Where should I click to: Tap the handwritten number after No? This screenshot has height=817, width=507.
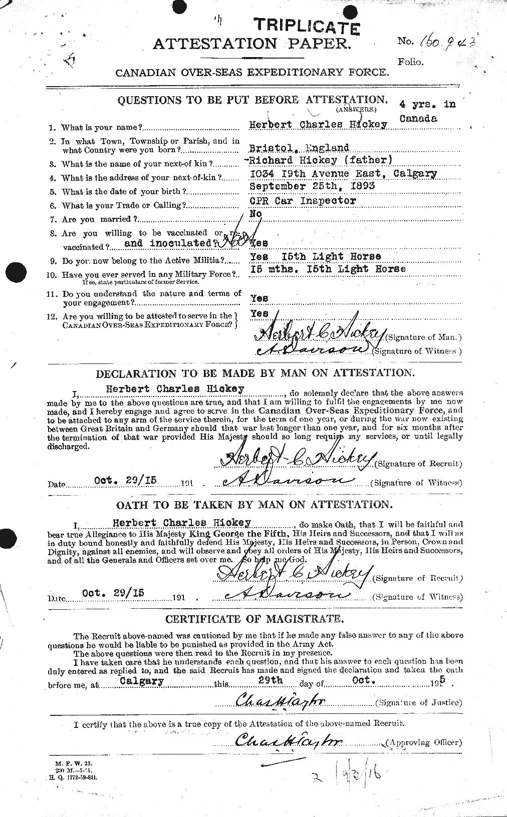click(x=443, y=43)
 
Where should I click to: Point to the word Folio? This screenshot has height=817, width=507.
click(x=410, y=62)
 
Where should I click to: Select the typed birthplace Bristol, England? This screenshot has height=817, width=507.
click(x=299, y=148)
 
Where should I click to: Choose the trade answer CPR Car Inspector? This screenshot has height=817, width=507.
click(x=303, y=201)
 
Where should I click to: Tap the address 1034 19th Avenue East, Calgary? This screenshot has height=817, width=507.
click(x=343, y=174)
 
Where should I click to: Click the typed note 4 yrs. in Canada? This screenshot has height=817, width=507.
click(x=427, y=111)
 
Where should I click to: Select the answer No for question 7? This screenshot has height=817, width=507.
click(x=257, y=214)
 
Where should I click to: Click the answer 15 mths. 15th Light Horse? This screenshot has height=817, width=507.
click(x=328, y=269)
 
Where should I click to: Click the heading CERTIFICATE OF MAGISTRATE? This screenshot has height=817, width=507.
click(x=255, y=619)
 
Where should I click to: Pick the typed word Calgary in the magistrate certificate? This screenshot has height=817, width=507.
click(x=141, y=681)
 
